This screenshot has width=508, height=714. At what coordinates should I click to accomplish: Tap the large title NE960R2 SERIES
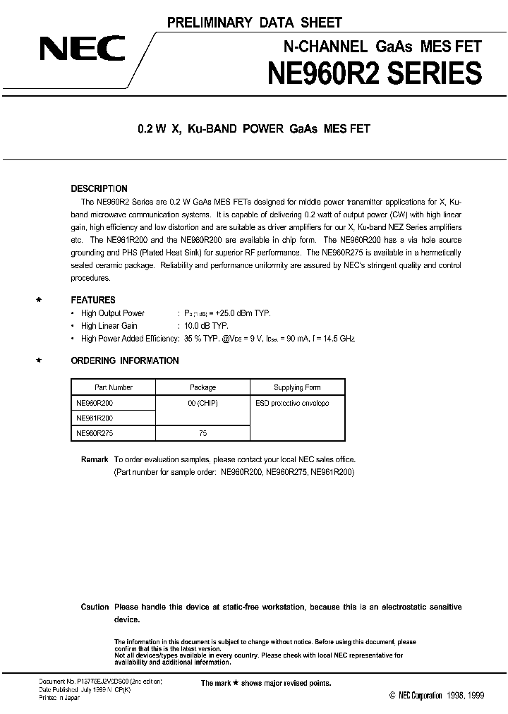coord(373,74)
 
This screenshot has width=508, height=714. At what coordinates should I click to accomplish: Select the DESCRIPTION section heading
coord(99,188)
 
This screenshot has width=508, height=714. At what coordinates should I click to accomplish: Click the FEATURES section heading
coord(93,300)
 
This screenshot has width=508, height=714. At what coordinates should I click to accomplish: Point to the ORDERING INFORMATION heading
coord(125,361)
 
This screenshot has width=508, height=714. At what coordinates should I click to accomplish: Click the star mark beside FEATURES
coord(39,300)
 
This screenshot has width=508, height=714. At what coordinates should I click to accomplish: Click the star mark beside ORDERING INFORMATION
coord(39,361)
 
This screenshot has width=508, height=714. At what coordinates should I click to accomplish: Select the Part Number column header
coord(114,387)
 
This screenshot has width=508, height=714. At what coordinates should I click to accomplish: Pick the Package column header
coord(203,387)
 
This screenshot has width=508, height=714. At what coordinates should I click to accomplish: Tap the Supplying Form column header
coord(297,387)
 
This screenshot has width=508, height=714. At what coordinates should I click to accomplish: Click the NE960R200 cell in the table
coord(95,403)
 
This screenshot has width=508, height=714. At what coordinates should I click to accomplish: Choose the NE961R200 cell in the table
coord(95,418)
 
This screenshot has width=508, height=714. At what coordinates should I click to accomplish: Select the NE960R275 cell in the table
coord(95,433)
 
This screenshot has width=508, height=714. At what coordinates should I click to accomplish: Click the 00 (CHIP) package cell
coord(203,403)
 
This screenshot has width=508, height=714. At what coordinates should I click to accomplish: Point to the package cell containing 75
coord(203,433)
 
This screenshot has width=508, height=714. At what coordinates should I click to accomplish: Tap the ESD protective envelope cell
coord(292,403)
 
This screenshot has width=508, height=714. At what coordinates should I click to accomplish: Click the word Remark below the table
coord(95,459)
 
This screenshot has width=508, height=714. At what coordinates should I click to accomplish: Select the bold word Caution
coord(95,607)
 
